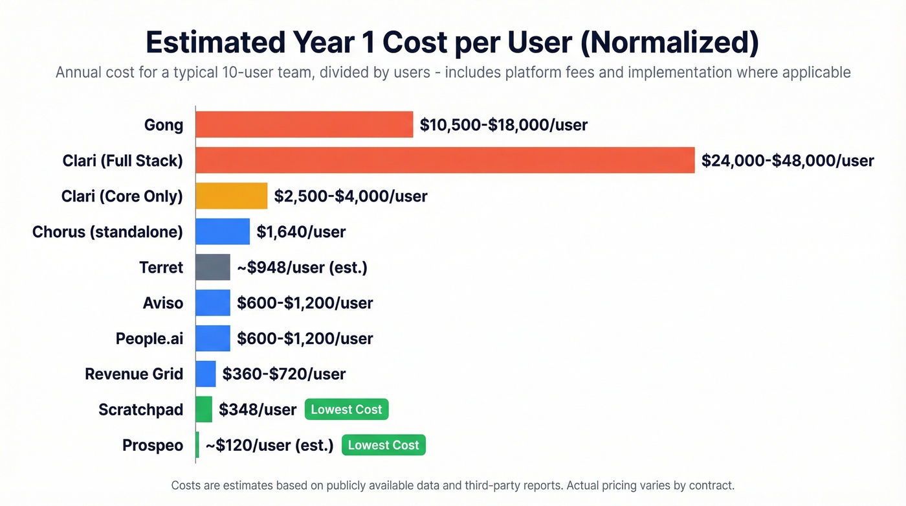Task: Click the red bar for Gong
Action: [x=304, y=124]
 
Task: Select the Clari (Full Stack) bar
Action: [x=445, y=160]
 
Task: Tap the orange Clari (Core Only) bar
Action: [x=231, y=196]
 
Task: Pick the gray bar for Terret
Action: [x=213, y=267]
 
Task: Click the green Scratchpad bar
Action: [x=204, y=409]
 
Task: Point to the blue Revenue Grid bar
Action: [x=206, y=374]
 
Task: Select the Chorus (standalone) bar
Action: [x=223, y=231]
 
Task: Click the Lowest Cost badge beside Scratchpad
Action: [x=346, y=409]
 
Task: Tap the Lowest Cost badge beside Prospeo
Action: [x=384, y=445]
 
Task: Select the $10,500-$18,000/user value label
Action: [x=503, y=125]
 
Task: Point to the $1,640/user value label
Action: [x=301, y=232]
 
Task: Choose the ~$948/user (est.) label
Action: [x=302, y=268]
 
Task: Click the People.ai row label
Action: [x=149, y=338]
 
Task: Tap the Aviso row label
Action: [x=163, y=303]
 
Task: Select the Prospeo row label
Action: [x=153, y=446]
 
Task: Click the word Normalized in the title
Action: [x=669, y=42]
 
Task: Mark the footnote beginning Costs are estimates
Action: [x=452, y=485]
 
